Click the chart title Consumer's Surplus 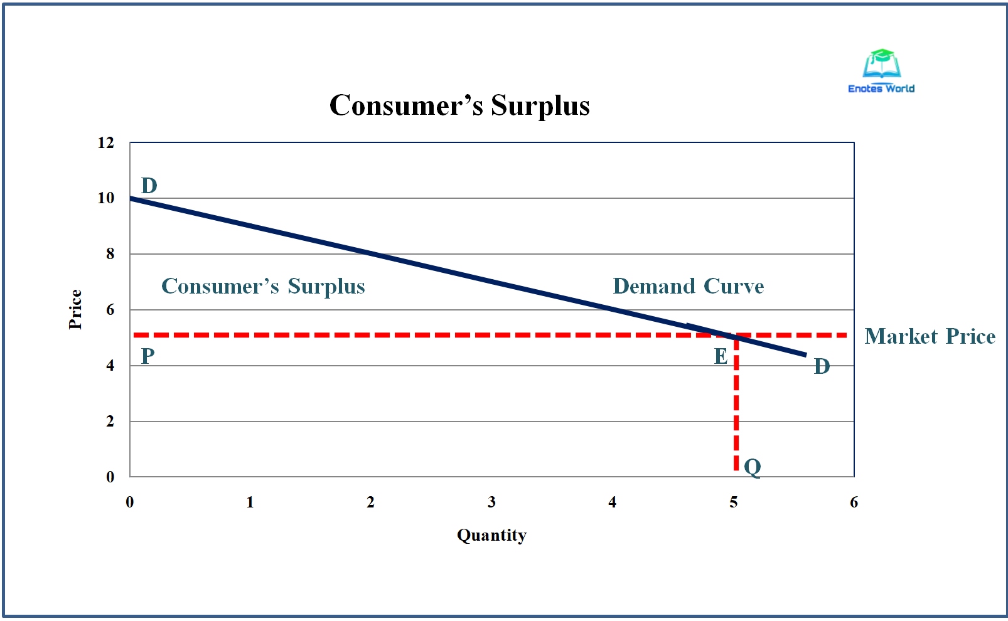click(459, 105)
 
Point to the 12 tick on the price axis click(105, 143)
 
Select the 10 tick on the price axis click(105, 198)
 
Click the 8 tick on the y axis click(110, 254)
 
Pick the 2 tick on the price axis click(110, 422)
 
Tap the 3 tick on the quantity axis click(491, 502)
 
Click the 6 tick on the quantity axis click(854, 502)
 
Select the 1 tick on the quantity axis click(250, 502)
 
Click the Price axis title click(75, 309)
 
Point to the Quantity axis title click(491, 535)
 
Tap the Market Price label click(930, 336)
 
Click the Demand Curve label click(688, 286)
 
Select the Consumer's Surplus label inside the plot click(263, 286)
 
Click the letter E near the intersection click(721, 356)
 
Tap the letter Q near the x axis click(752, 467)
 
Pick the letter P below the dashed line click(147, 356)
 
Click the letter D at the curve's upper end click(149, 186)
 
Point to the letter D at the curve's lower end click(822, 366)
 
